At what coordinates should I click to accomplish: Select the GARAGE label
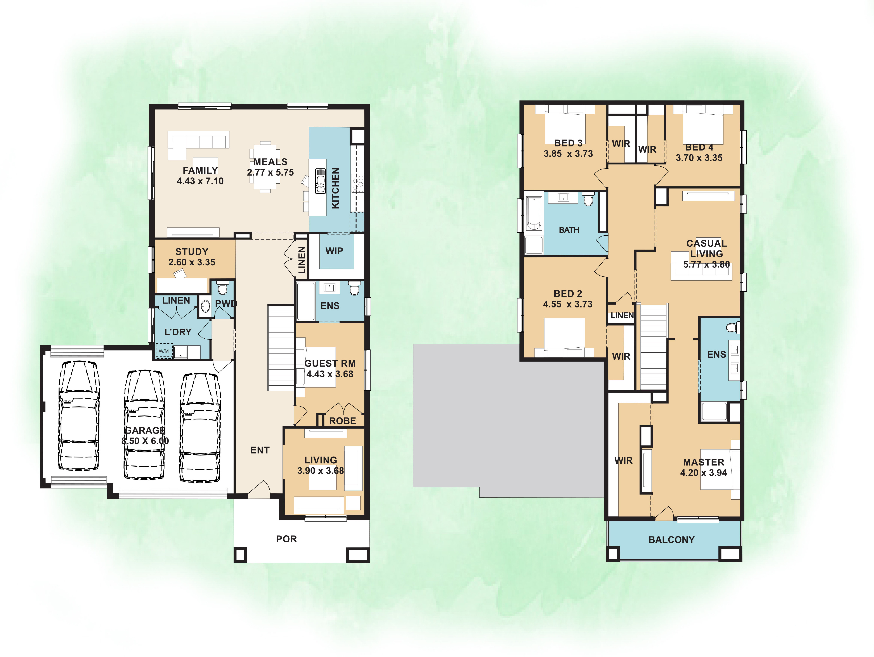pyautogui.click(x=145, y=430)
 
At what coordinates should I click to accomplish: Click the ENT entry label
pyautogui.click(x=260, y=450)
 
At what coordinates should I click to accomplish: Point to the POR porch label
pyautogui.click(x=286, y=539)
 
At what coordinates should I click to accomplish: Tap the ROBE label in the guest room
pyautogui.click(x=343, y=421)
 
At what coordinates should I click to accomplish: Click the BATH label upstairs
pyautogui.click(x=569, y=230)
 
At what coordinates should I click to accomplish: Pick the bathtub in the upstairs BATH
pyautogui.click(x=534, y=213)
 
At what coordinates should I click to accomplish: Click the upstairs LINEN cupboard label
pyautogui.click(x=622, y=316)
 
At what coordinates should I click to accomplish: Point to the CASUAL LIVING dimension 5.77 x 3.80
pyautogui.click(x=706, y=265)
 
